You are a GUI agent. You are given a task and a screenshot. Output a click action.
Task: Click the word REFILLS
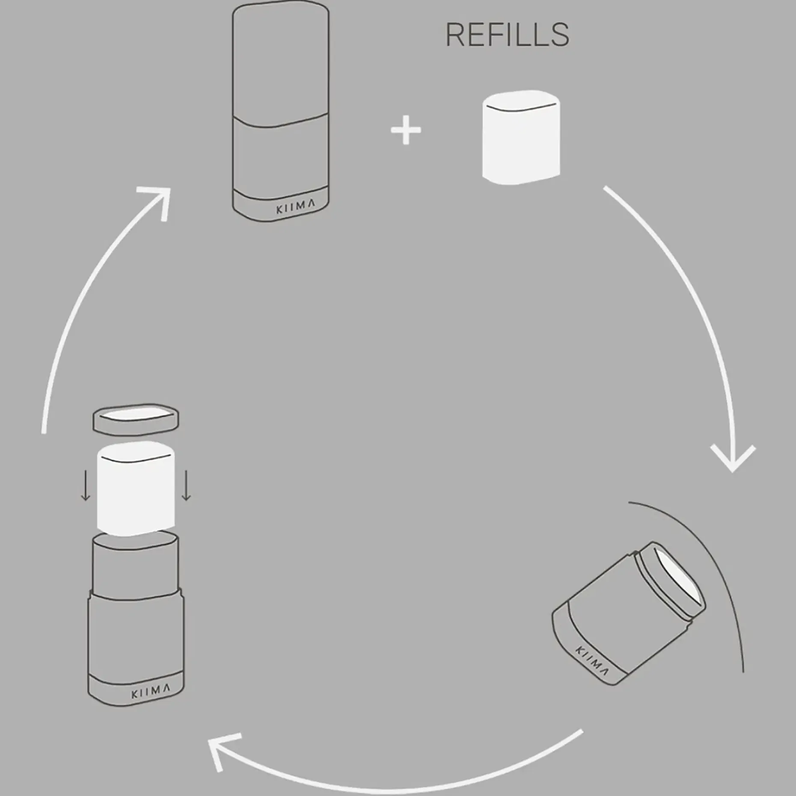coord(507,35)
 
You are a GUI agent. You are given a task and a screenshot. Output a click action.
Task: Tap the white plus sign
coord(406,130)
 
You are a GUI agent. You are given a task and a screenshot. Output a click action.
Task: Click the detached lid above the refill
coord(136,419)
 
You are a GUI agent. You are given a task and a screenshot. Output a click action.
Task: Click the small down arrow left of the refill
coord(86,485)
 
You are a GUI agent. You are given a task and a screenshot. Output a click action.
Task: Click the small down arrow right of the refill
coord(186,485)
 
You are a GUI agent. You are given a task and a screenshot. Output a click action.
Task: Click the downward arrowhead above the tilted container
coord(733,460)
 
